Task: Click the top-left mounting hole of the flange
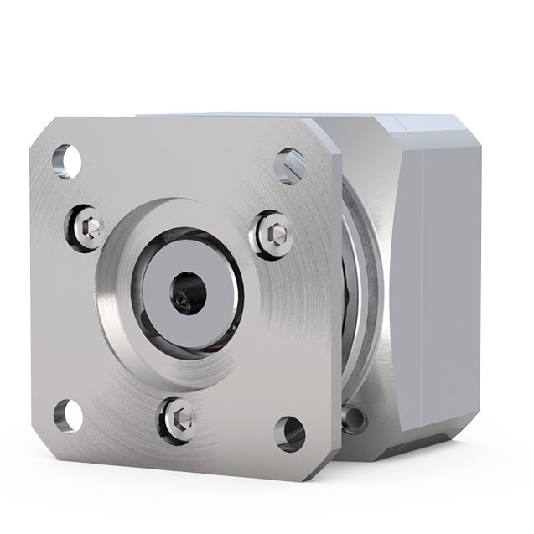coord(66,161)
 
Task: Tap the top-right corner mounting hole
coord(289,165)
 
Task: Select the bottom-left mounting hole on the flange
coord(68,416)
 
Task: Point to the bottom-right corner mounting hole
coord(288,433)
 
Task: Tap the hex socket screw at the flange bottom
coord(179,416)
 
